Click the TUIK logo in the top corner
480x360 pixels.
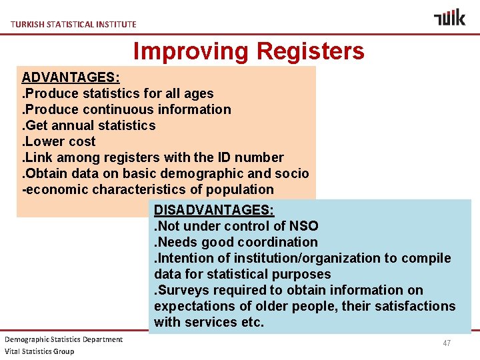pos(449,17)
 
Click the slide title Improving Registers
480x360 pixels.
pos(249,51)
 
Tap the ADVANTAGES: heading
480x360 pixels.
pos(66,77)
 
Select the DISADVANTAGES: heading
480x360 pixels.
pos(214,210)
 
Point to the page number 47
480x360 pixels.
pos(447,343)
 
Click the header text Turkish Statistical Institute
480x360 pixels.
pos(73,24)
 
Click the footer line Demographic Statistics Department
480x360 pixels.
pos(64,339)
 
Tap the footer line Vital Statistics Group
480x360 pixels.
pos(40,351)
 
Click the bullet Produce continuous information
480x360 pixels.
pos(127,109)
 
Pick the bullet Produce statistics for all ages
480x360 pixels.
pos(118,93)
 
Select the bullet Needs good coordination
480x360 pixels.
pos(236,242)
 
